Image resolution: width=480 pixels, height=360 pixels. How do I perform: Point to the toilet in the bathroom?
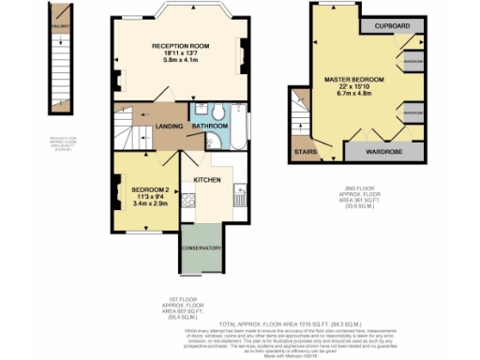click(217, 113)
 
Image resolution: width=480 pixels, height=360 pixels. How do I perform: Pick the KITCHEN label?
click(206, 178)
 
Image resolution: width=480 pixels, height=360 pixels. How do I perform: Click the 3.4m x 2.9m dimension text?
click(149, 202)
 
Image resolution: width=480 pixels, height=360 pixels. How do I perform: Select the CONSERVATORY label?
click(201, 248)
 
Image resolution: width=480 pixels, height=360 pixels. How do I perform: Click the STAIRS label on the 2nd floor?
click(304, 149)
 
